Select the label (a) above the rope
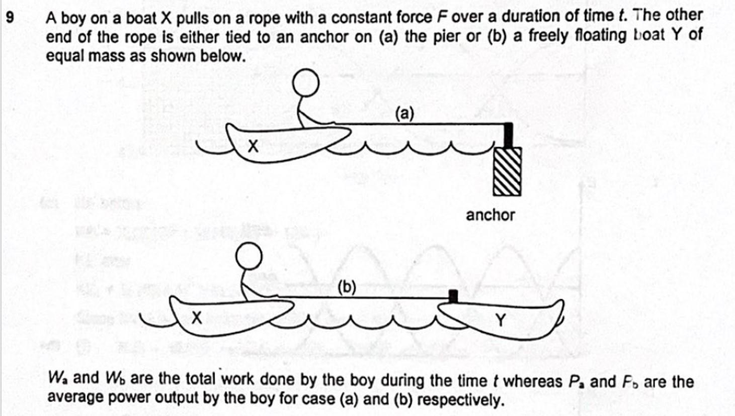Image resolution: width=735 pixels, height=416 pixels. pyautogui.click(x=404, y=114)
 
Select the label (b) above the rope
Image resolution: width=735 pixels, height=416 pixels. pyautogui.click(x=347, y=287)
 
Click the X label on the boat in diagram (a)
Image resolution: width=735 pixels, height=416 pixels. pyautogui.click(x=253, y=146)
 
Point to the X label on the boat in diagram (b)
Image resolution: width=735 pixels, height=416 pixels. pyautogui.click(x=197, y=317)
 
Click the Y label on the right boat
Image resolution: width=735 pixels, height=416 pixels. pyautogui.click(x=500, y=320)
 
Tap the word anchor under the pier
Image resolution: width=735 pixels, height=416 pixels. pyautogui.click(x=490, y=215)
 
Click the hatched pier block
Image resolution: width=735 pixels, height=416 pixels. pyautogui.click(x=507, y=171)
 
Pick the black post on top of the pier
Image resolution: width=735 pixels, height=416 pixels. pyautogui.click(x=508, y=135)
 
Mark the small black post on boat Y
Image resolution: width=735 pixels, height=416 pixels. pyautogui.click(x=453, y=296)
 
